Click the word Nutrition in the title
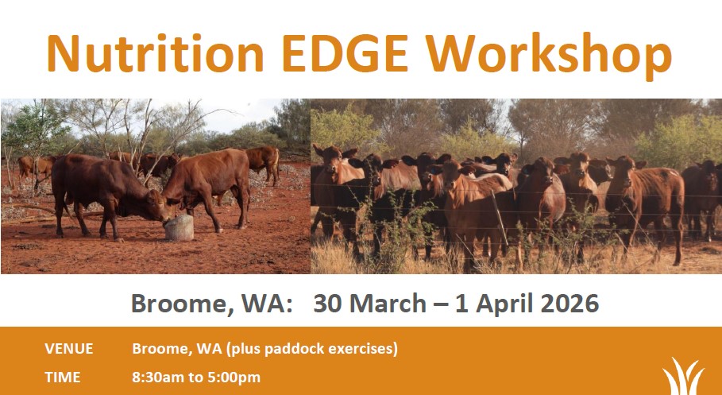tap(155, 53)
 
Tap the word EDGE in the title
tap(345, 53)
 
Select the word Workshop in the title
tap(548, 56)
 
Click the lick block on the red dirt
tap(179, 227)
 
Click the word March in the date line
tap(388, 304)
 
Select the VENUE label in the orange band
tap(68, 349)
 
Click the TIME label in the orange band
tap(62, 378)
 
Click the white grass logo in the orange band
tap(683, 376)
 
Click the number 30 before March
tap(328, 304)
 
